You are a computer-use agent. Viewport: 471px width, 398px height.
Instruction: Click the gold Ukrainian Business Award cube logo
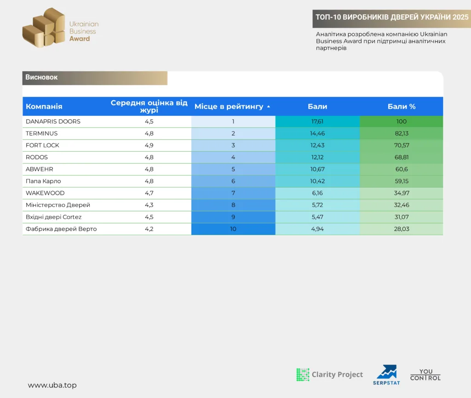[x=44, y=28]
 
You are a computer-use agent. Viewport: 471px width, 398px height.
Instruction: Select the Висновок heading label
[x=41, y=77]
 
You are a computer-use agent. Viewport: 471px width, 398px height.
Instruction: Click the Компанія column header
[x=44, y=107]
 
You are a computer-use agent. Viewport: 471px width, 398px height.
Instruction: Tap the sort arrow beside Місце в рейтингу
[x=269, y=107]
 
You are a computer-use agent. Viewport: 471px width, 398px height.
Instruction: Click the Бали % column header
[x=401, y=107]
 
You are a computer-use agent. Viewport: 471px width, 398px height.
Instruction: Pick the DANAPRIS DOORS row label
[x=53, y=122]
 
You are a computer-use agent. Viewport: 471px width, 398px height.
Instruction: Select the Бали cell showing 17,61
[x=317, y=122]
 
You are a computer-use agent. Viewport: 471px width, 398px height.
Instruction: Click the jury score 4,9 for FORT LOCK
[x=149, y=145]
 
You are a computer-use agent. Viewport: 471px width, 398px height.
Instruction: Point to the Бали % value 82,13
[x=401, y=134]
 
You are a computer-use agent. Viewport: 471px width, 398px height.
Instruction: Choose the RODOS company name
[x=37, y=157]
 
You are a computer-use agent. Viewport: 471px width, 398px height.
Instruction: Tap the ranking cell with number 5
[x=233, y=169]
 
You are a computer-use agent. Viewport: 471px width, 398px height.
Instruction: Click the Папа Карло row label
[x=43, y=181]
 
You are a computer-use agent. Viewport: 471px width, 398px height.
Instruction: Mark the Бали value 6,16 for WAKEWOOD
[x=317, y=193]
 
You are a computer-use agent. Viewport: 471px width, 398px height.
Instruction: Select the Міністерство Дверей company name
[x=57, y=205]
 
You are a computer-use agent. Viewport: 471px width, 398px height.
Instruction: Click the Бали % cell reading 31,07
[x=401, y=217]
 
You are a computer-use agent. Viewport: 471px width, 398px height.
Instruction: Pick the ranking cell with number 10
[x=233, y=229]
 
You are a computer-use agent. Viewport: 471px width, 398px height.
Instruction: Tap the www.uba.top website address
[x=52, y=385]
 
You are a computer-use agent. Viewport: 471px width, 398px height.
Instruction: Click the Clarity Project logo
[x=329, y=375]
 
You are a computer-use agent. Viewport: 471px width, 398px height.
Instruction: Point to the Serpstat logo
[x=386, y=375]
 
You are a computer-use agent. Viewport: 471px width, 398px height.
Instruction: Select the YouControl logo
[x=425, y=375]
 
